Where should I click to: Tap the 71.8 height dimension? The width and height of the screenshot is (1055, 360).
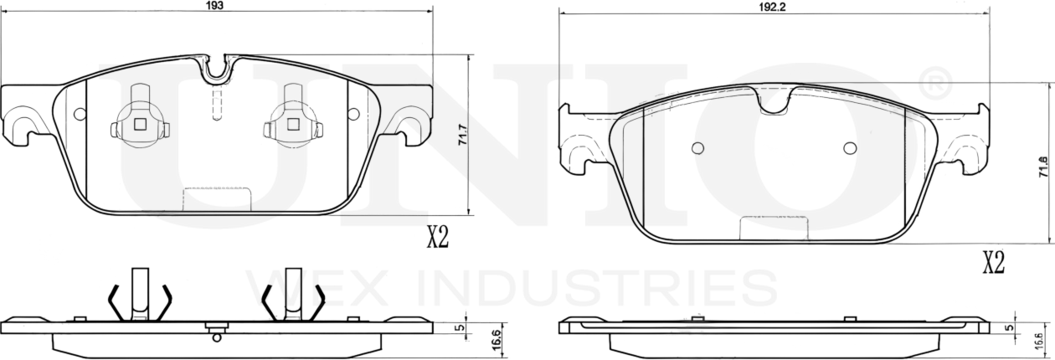tap(1043, 166)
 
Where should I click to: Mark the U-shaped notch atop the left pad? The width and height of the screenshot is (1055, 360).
tap(218, 70)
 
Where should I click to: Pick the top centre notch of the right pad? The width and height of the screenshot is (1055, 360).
tap(773, 100)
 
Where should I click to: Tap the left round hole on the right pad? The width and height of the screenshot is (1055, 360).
tap(697, 148)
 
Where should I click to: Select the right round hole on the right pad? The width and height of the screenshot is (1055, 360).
tap(850, 148)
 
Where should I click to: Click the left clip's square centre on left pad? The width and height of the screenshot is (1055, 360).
tap(141, 125)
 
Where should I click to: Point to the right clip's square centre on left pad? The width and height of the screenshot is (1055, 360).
tap(293, 125)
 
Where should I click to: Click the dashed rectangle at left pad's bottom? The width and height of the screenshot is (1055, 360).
tap(217, 200)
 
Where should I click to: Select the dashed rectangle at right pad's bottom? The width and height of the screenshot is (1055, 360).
tap(774, 228)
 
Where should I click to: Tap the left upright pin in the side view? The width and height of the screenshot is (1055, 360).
tap(141, 293)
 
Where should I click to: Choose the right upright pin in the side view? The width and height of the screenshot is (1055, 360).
tap(293, 293)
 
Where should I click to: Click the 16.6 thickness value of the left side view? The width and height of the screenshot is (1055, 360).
tap(496, 341)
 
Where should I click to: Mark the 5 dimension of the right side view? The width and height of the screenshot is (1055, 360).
tap(1009, 327)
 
